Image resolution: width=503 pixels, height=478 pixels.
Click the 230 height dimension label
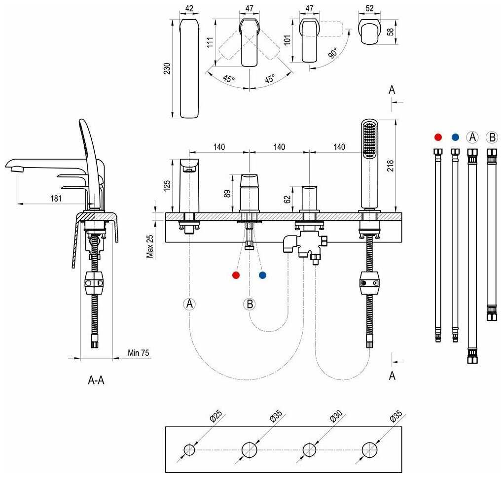click(167, 68)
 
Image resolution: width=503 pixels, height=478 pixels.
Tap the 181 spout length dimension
click(56, 199)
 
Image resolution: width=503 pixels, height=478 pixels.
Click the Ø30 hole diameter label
click(336, 416)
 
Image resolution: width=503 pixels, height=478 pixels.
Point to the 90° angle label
click(333, 53)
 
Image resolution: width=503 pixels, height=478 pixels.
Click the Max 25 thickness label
click(150, 246)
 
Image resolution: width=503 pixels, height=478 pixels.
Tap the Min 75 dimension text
click(138, 353)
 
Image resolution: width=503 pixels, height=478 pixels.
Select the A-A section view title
click(96, 380)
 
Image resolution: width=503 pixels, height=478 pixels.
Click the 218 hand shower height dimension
click(390, 166)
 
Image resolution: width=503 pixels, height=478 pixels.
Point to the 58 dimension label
click(390, 32)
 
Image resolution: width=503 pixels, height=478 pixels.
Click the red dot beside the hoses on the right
click(438, 137)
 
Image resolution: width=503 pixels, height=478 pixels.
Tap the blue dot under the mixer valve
click(262, 275)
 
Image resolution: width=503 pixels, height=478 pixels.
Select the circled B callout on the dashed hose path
click(250, 304)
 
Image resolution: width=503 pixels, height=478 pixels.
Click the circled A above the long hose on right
click(472, 137)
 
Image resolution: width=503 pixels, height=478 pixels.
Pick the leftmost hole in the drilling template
click(189, 450)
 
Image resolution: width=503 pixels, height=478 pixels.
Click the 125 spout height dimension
click(167, 186)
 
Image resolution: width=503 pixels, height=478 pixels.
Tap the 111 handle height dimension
click(210, 42)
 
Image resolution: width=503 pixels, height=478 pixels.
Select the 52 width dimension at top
click(369, 8)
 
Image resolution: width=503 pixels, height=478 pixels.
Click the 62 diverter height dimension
click(287, 199)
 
